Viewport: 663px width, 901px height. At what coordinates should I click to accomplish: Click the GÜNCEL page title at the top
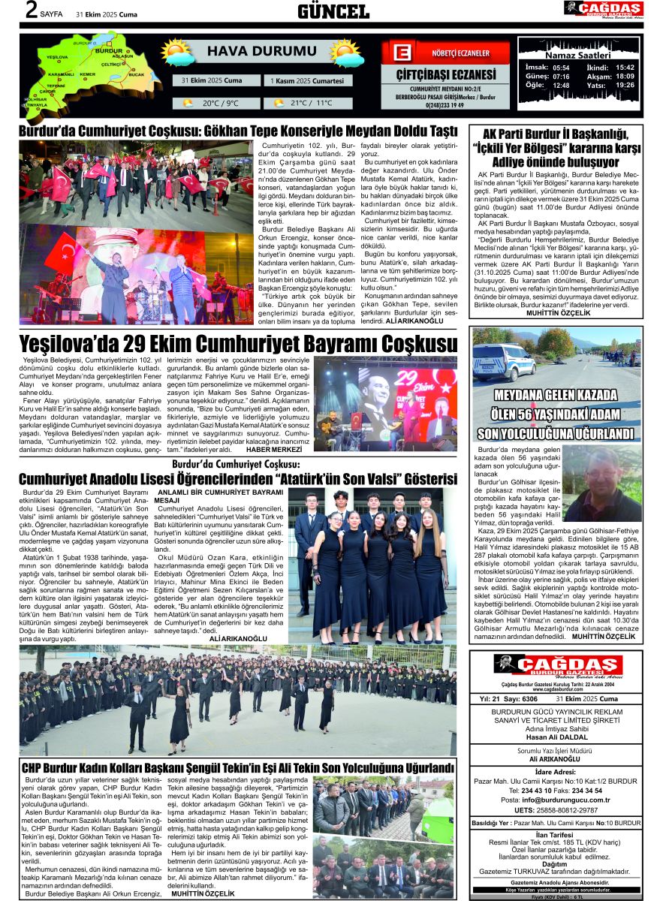pos(333,11)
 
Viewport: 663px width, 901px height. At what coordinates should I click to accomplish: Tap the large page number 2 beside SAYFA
pos(32,10)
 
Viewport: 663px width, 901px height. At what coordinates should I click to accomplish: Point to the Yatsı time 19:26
pos(625,85)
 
